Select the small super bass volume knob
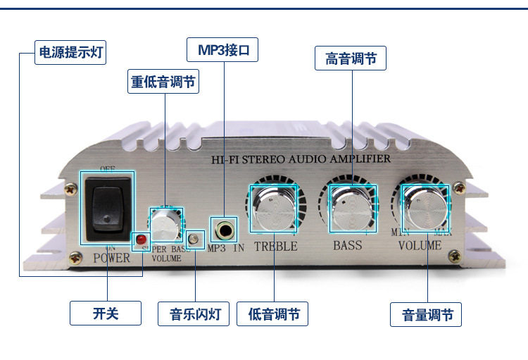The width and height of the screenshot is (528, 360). click(x=166, y=225)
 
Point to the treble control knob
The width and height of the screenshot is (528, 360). click(x=273, y=209)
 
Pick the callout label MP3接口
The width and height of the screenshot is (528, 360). click(x=222, y=50)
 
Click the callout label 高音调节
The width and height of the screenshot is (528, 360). click(x=351, y=58)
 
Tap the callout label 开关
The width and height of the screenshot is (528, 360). click(x=106, y=313)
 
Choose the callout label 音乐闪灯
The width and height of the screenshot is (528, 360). click(x=194, y=314)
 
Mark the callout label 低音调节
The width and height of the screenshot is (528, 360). click(x=272, y=314)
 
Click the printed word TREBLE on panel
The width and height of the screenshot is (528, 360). click(x=275, y=247)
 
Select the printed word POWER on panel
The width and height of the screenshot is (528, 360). click(x=112, y=258)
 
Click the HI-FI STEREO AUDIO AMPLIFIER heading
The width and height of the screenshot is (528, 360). click(x=301, y=159)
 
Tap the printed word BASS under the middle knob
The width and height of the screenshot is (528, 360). click(x=347, y=245)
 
